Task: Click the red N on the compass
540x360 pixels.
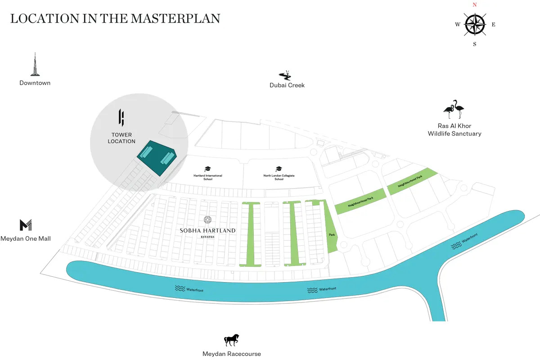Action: (474, 4)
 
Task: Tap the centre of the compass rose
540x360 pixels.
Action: (475, 24)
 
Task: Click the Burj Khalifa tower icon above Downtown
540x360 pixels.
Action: (35, 64)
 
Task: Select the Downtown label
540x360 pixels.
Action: (35, 83)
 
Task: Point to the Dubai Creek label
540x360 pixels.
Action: (287, 85)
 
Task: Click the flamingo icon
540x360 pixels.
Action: (454, 109)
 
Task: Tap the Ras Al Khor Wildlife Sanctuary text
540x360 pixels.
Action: (454, 130)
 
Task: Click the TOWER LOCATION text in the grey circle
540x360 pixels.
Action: (121, 138)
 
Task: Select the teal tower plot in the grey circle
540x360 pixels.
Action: (157, 158)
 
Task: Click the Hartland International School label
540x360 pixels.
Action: (207, 177)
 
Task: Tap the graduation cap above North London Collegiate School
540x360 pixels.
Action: (279, 169)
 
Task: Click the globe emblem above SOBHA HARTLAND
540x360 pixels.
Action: (207, 220)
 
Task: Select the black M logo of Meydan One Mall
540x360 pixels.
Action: (26, 225)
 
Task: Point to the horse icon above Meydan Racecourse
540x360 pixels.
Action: (232, 340)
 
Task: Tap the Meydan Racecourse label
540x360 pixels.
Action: (232, 354)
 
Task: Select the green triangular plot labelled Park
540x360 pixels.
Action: (331, 234)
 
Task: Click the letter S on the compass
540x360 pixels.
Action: (474, 44)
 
